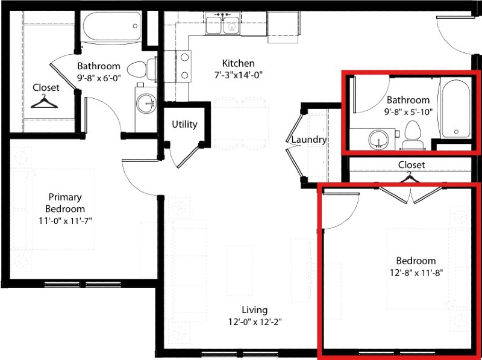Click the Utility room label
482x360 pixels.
coord(184,125)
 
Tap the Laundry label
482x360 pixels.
coord(308,140)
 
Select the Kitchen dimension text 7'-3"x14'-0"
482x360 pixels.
coord(238,75)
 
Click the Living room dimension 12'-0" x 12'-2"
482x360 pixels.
coord(255,322)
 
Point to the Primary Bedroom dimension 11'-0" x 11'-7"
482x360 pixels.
coord(65,221)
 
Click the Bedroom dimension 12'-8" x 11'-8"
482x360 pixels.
coord(416,273)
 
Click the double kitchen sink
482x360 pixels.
coord(223,24)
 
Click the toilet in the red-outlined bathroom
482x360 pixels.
coord(413,135)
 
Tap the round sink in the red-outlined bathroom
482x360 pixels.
coord(379,140)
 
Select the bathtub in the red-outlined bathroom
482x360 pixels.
coord(456,108)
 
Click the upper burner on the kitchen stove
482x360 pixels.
coord(184,57)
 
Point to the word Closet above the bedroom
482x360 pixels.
coord(412,164)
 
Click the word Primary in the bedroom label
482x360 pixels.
coord(65,197)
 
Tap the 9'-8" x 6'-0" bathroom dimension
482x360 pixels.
coord(99,78)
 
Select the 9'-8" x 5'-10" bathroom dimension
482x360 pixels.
coord(408,112)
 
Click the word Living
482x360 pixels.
coord(255,310)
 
